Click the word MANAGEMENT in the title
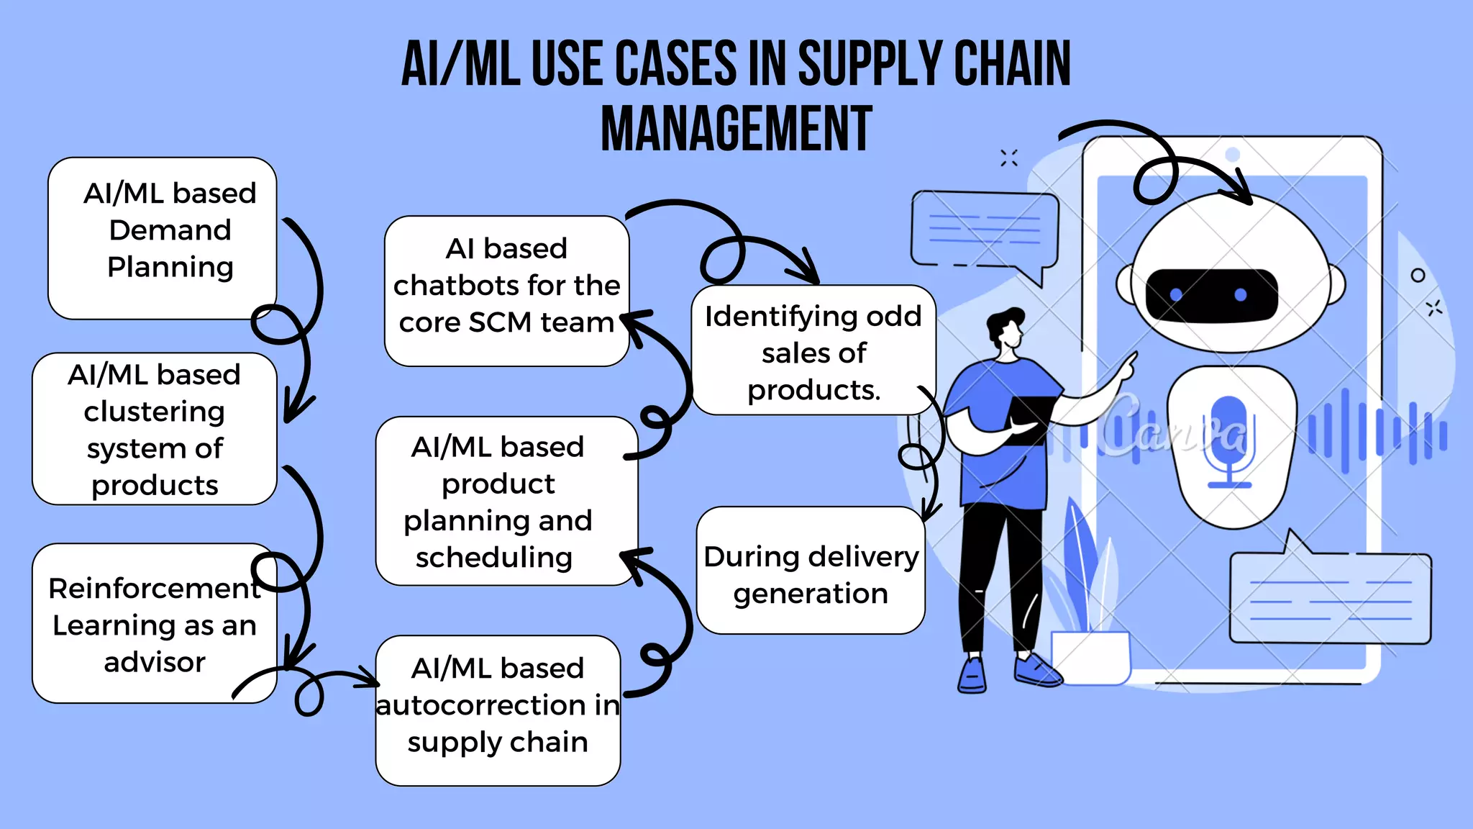(x=736, y=129)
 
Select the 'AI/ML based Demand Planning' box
(x=163, y=237)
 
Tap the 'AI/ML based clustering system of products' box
(x=154, y=429)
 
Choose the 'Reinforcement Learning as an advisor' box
(x=154, y=624)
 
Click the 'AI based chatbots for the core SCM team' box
(x=506, y=291)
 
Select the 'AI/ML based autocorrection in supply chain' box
(x=498, y=710)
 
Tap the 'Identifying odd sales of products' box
(x=813, y=350)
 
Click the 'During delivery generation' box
(x=811, y=571)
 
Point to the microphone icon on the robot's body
(x=1229, y=439)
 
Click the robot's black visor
(x=1211, y=295)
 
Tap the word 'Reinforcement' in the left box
(x=154, y=589)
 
